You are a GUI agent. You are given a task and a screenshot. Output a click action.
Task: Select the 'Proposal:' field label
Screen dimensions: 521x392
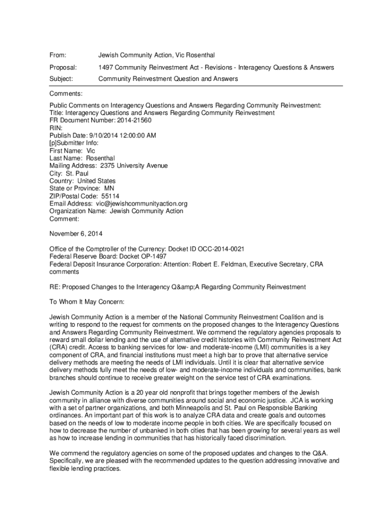coord(63,67)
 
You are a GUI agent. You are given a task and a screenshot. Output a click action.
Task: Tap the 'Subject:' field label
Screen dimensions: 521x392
coord(61,79)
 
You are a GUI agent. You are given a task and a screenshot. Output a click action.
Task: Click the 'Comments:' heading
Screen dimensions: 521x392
coord(66,94)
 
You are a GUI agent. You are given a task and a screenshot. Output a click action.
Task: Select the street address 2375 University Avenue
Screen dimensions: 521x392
coord(134,166)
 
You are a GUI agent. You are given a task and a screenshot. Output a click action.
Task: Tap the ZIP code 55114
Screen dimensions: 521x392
coord(110,196)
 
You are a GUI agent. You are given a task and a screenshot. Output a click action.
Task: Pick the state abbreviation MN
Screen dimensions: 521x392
coord(109,188)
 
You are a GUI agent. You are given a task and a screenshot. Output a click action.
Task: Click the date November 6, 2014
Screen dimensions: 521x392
coord(76,234)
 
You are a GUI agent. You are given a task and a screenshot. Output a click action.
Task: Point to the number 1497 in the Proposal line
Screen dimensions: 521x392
coord(105,67)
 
